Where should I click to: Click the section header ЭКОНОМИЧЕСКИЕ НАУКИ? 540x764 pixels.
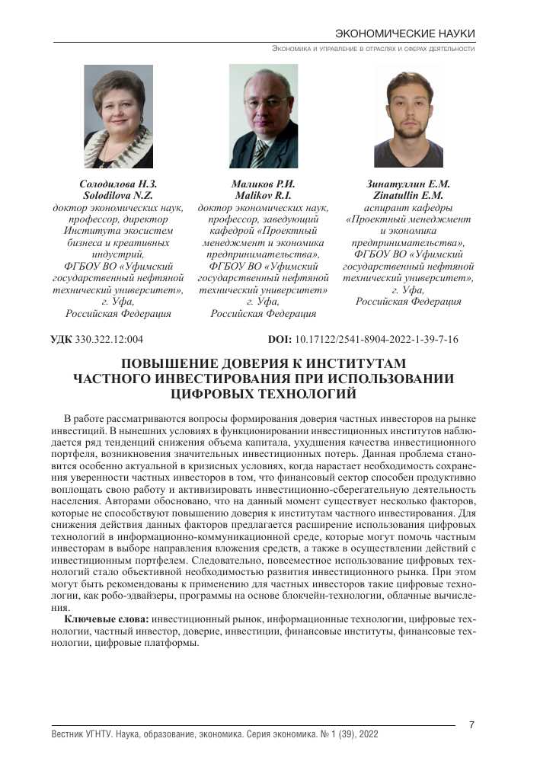405,34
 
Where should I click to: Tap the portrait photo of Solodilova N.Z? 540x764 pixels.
118,116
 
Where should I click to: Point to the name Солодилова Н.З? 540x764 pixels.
118,184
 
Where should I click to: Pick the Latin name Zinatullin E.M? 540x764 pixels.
408,195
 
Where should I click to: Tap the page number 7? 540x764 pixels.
472,724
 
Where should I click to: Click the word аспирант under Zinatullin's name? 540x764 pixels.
384,207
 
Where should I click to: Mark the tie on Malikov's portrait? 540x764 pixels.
260,152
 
